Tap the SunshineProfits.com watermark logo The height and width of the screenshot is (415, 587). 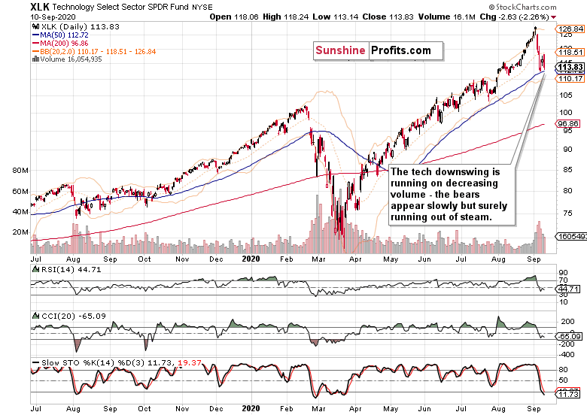373,50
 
